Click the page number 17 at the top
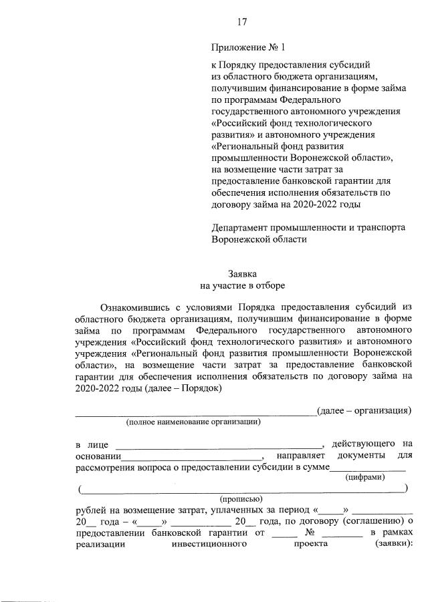[242, 22]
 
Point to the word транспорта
[382, 227]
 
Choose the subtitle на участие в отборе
[242, 285]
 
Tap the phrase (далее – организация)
[364, 410]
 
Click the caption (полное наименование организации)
[193, 422]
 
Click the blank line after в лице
[219, 447]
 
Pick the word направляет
[301, 456]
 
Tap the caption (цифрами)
[364, 477]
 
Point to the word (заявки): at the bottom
[392, 544]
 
